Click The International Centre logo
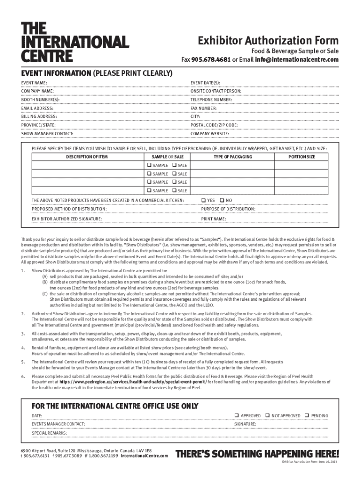[74, 42]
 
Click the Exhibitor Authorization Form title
[268, 41]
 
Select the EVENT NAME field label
[34, 82]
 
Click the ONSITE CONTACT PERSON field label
[216, 91]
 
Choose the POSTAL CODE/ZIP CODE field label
[214, 125]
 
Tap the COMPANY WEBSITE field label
[209, 134]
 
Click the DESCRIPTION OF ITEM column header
[86, 157]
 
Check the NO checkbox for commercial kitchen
[222, 200]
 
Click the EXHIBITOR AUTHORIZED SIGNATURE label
[67, 218]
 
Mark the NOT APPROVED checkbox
[267, 415]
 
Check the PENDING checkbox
[307, 415]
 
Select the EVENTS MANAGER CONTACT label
[58, 424]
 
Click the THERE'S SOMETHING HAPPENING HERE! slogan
[257, 454]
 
